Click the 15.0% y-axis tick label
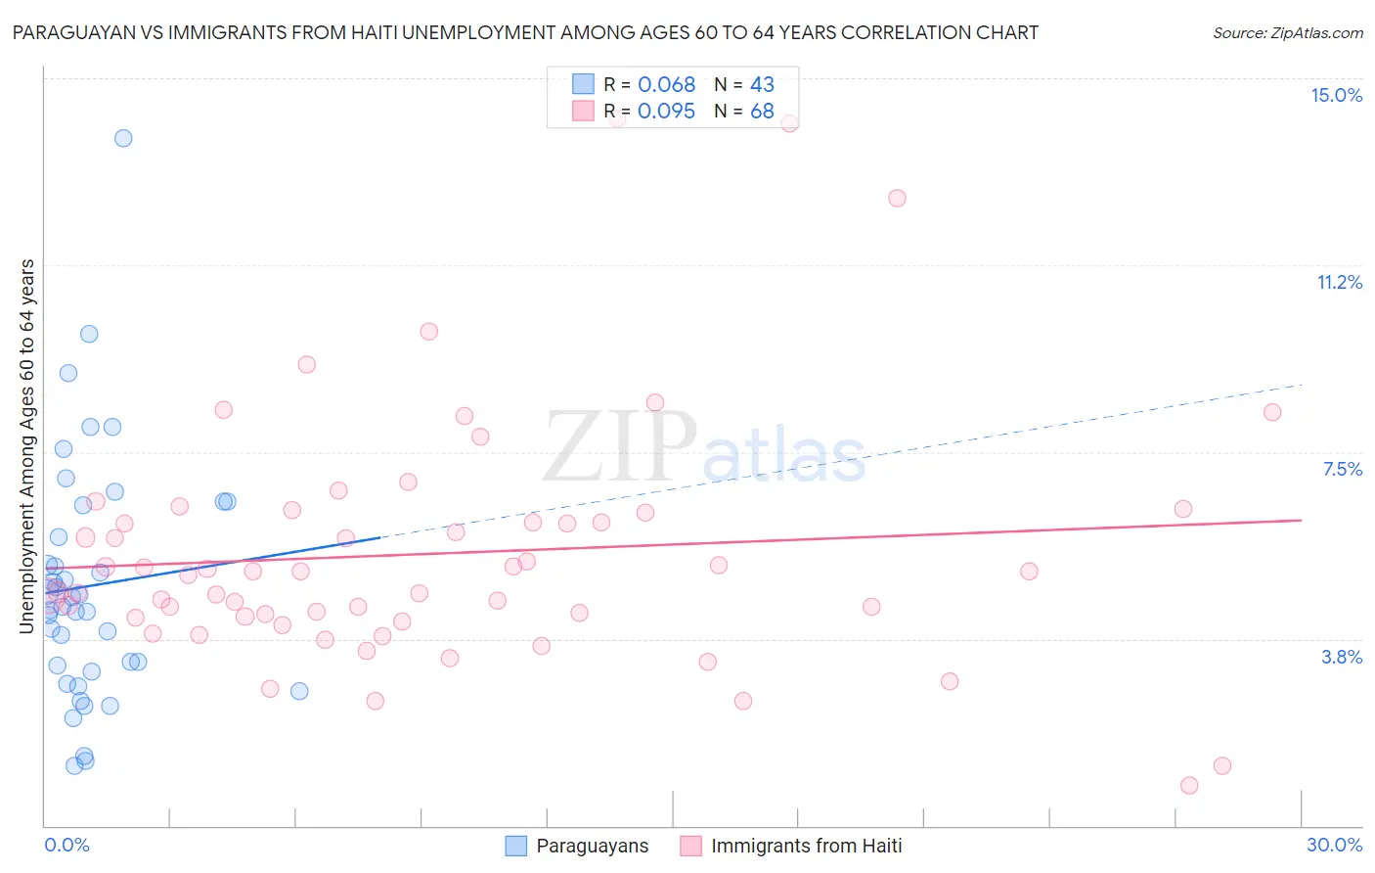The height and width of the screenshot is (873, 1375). tap(1336, 95)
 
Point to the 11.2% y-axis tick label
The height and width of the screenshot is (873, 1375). tap(1339, 282)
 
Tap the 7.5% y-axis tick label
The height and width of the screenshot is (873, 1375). tap(1342, 469)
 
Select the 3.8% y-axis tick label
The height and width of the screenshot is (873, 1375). tap(1342, 657)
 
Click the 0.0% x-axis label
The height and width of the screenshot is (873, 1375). tap(67, 845)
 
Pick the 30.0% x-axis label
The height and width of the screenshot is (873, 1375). tap(1334, 845)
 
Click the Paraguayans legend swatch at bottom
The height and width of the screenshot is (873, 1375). tap(515, 846)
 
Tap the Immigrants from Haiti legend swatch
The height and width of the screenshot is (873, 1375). tap(690, 846)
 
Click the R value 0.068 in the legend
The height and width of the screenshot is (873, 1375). tap(666, 85)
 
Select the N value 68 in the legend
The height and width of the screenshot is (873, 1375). tap(762, 112)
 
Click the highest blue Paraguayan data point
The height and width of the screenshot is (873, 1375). tap(123, 138)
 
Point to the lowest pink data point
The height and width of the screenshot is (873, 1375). tap(1189, 785)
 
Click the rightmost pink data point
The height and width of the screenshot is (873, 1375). tap(1272, 412)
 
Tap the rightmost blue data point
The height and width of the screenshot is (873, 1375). tap(299, 691)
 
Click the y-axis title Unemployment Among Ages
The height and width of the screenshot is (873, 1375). tap(26, 446)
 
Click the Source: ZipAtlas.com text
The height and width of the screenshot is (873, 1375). tap(1287, 33)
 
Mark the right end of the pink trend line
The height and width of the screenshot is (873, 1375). tap(1302, 520)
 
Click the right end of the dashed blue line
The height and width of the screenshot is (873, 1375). tap(1302, 385)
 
